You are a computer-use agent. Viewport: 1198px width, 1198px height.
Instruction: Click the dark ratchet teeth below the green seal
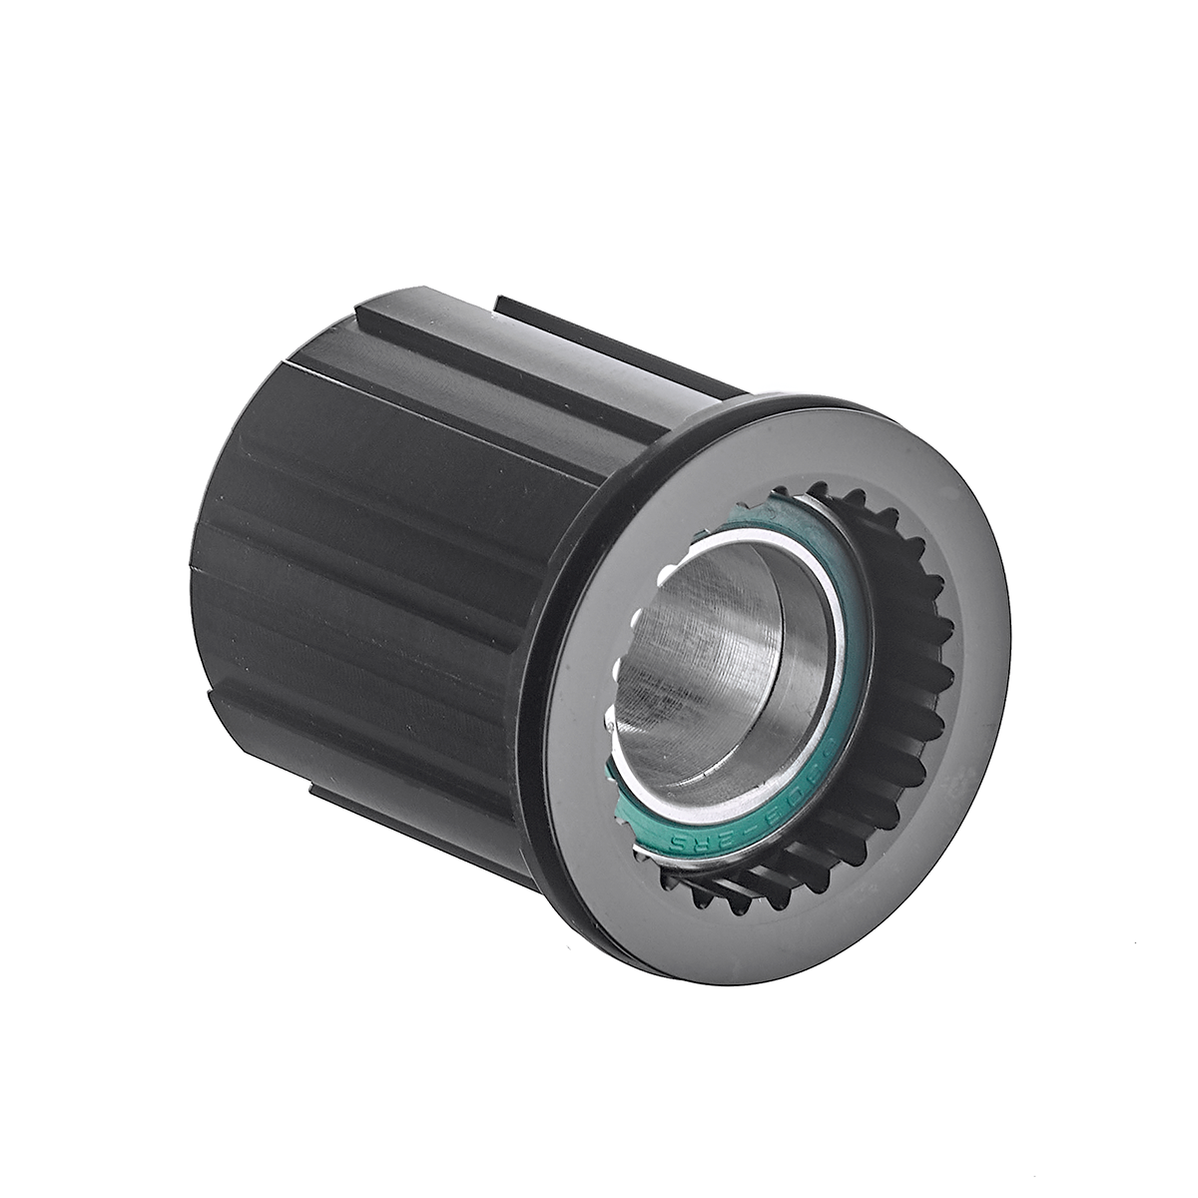pyautogui.click(x=759, y=879)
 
